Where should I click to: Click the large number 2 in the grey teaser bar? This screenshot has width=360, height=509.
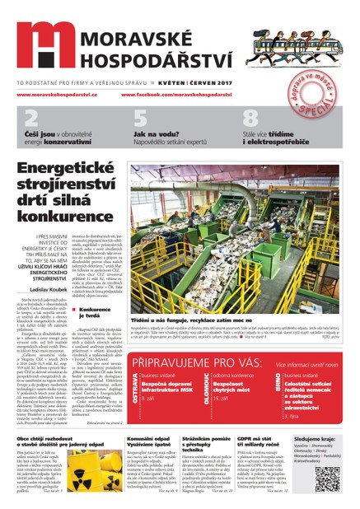pos(30,117)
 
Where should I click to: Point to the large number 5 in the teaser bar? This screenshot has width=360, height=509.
pos(140,117)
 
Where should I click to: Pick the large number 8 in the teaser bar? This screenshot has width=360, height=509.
pos(250,117)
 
